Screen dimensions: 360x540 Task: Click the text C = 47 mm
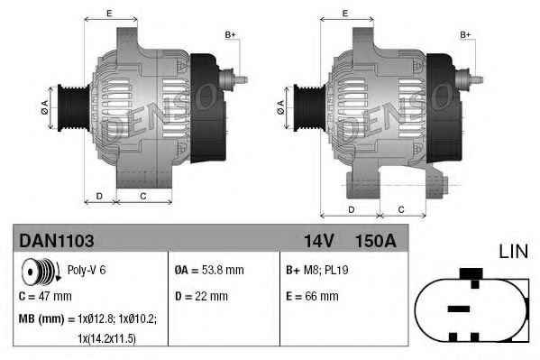coord(46,295)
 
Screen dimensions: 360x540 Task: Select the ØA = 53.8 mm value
coord(208,270)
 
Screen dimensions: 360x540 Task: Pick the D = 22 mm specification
coord(201,295)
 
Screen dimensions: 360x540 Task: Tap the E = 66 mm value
coord(312,295)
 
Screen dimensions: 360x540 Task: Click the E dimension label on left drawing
coord(109,13)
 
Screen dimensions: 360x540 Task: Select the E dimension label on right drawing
coord(345,13)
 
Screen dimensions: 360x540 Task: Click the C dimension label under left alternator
coord(143,196)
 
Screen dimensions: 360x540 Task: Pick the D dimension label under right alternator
coord(349,209)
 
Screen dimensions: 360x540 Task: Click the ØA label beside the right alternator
coord(281,106)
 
